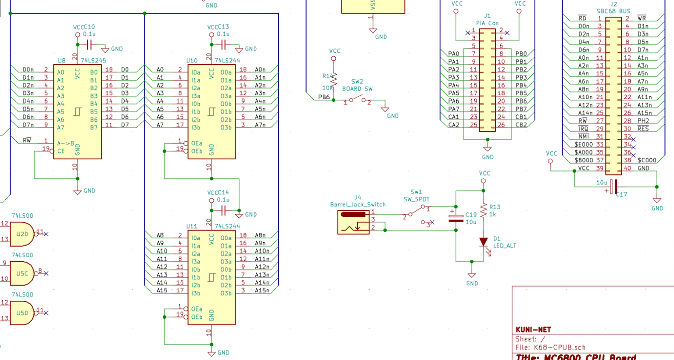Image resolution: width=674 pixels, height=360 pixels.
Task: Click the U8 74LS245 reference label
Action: pyautogui.click(x=61, y=61)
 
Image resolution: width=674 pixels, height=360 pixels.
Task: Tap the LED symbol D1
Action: pyautogui.click(x=484, y=242)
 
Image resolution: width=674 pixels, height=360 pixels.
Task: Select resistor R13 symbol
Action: pyautogui.click(x=484, y=211)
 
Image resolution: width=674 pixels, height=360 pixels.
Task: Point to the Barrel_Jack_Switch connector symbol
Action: pyautogui.click(x=353, y=222)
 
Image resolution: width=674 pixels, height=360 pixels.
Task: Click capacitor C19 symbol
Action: pyautogui.click(x=456, y=218)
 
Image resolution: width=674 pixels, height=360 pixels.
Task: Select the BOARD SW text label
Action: pyautogui.click(x=357, y=89)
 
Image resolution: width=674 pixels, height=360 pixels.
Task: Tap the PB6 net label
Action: pyautogui.click(x=324, y=97)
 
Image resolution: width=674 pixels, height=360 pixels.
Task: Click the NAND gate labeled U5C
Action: pyautogui.click(x=22, y=273)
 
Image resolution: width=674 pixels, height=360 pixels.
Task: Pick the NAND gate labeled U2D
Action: pyautogui.click(x=22, y=234)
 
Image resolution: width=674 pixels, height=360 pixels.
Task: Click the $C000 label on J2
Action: pyautogui.click(x=647, y=160)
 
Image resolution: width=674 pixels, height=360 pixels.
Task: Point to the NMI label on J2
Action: pyautogui.click(x=584, y=137)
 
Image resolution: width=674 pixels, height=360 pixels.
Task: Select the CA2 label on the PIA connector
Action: pyautogui.click(x=454, y=125)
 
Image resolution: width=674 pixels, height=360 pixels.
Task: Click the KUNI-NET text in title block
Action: pyautogui.click(x=533, y=330)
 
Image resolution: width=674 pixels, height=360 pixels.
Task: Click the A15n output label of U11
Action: pyautogui.click(x=262, y=290)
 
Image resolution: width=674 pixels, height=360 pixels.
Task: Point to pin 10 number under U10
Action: pyautogui.click(x=209, y=167)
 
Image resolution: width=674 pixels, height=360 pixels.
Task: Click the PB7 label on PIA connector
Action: pyautogui.click(x=521, y=109)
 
